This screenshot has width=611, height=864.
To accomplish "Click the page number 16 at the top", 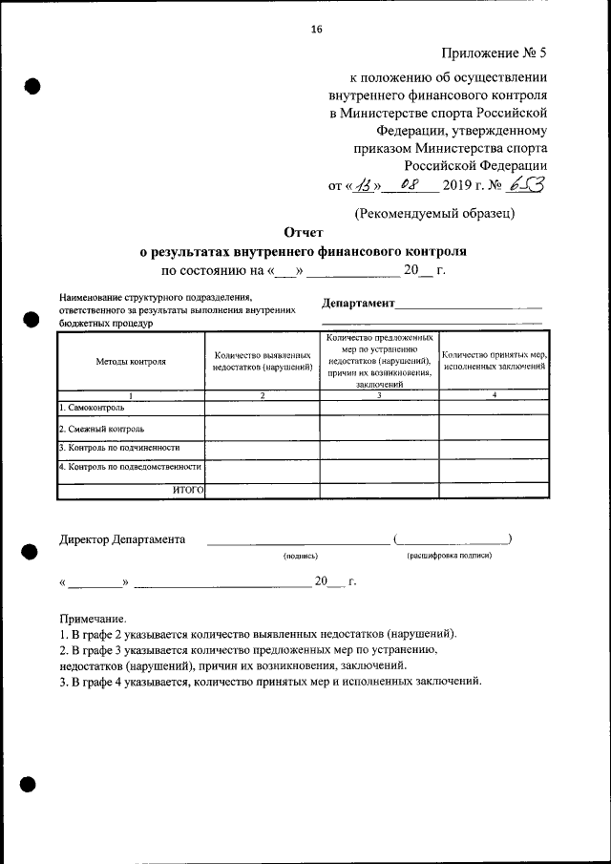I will pyautogui.click(x=316, y=29).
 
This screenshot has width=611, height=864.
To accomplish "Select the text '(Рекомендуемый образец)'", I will pyautogui.click(x=434, y=213).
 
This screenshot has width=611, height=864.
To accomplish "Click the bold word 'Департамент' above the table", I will pyautogui.click(x=358, y=303).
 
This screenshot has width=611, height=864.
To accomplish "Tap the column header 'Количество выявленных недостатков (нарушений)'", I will pyautogui.click(x=263, y=362).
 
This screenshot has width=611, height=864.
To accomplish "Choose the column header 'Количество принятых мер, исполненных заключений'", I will pyautogui.click(x=494, y=362).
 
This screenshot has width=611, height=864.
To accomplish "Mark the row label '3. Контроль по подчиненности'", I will pyautogui.click(x=118, y=447).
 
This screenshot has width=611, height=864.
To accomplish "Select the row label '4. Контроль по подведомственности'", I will pyautogui.click(x=129, y=467).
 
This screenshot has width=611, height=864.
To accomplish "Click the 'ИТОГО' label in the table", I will pyautogui.click(x=188, y=490).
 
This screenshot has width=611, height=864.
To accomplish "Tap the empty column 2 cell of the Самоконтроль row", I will pyautogui.click(x=263, y=408).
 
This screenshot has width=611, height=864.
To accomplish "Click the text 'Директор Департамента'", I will pyautogui.click(x=122, y=539).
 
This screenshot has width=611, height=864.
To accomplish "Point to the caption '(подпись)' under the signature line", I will pyautogui.click(x=299, y=555).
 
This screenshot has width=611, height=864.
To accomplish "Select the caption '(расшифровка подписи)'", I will pyautogui.click(x=449, y=555).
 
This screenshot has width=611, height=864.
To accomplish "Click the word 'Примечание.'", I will pyautogui.click(x=93, y=619).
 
